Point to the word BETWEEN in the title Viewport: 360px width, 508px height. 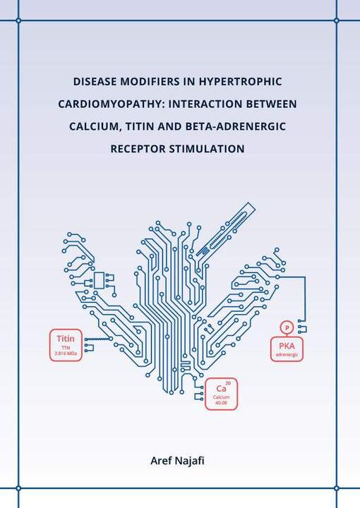(x=272, y=104)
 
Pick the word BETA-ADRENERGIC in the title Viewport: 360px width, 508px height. (x=236, y=126)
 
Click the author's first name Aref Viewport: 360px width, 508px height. (x=161, y=460)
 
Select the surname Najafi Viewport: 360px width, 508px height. (x=190, y=461)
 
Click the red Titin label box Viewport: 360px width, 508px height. (x=66, y=345)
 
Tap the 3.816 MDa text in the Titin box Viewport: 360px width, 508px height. (x=66, y=353)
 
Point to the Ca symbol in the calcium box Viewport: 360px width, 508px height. (x=221, y=388)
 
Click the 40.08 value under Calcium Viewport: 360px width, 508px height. (x=222, y=403)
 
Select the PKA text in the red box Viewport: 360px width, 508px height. (x=287, y=346)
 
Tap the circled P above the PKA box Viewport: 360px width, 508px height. (x=287, y=327)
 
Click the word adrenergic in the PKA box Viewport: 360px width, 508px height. (x=287, y=355)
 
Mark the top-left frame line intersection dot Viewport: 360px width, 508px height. (x=18, y=20)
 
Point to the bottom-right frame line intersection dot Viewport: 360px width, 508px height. (x=336, y=488)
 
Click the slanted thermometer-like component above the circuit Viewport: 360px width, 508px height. (x=226, y=229)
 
